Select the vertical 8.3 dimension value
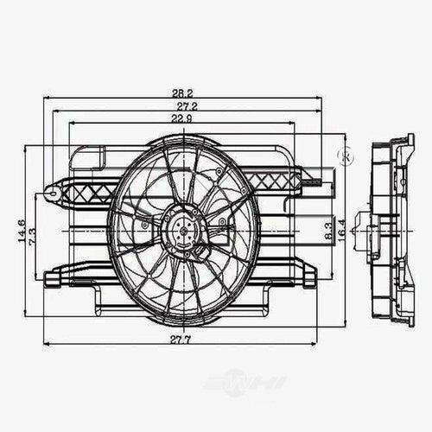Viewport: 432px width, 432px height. coord(329,232)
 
